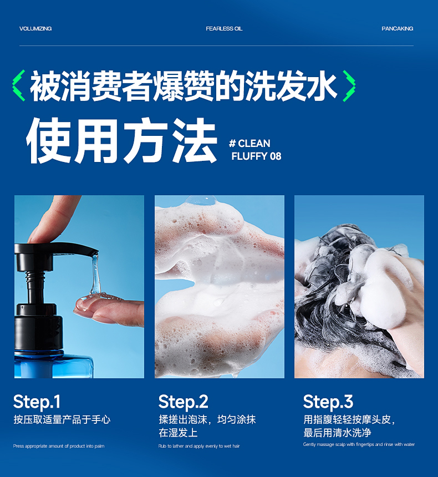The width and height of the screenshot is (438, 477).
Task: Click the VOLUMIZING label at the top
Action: point(35,29)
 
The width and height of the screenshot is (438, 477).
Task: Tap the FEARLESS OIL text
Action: point(224,29)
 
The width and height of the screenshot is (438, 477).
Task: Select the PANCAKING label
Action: point(397,29)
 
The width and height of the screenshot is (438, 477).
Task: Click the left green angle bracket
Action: point(18,85)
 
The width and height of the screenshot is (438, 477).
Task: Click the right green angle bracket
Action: point(349,85)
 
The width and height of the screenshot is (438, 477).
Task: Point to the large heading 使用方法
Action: point(121,140)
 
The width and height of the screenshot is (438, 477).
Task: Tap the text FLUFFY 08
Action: point(256,156)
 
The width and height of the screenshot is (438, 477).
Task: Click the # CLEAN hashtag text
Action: point(249,143)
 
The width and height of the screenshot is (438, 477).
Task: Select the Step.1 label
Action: point(37,402)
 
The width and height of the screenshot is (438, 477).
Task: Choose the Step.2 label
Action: point(183,402)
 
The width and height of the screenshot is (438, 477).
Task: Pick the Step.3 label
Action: point(328,402)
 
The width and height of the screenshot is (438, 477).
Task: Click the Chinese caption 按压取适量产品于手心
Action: point(62,419)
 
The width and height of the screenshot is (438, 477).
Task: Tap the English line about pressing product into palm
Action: point(59,446)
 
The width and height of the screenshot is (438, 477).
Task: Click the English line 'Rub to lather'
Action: point(199,446)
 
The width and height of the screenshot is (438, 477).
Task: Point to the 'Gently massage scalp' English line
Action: point(359,444)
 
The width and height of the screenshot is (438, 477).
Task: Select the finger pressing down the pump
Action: point(53,220)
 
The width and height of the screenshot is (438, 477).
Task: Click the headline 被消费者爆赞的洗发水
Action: point(184,85)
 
